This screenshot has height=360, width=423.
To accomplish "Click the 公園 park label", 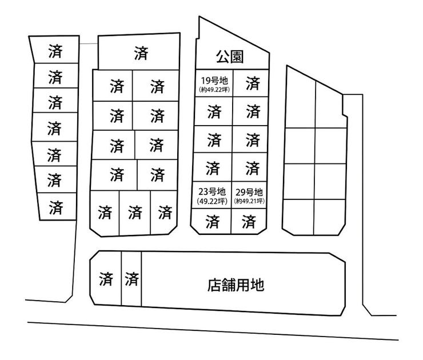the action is point(230,57).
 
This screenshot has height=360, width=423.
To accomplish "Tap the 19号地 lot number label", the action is point(214,81).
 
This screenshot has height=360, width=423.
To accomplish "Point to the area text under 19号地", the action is point(214,90).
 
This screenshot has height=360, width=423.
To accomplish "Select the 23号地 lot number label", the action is point(212,191).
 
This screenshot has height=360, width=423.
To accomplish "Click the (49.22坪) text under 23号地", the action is point(212,201).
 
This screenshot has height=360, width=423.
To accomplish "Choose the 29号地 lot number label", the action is point(249,192).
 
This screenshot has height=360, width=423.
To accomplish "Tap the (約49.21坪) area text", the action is point(249,201).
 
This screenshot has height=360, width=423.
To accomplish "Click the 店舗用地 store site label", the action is point(236,285).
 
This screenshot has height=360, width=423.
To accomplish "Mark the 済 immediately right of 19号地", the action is point(253,83).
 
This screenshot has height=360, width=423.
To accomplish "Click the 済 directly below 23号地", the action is point(212,221).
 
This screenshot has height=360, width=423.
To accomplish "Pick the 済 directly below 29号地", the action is point(249,222).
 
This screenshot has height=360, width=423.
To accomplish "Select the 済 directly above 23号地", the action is point(213,168).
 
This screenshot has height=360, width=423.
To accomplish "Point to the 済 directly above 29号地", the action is point(253,168).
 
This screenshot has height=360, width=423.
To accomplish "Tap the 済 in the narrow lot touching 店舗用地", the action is point(131,279).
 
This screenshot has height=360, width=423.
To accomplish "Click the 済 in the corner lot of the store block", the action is point(106,279).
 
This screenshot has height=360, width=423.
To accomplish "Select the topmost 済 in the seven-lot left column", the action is point(55,51).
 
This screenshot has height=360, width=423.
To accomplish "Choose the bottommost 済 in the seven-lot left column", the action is point(56,207).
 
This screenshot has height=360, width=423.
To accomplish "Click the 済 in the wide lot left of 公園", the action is point(141,53).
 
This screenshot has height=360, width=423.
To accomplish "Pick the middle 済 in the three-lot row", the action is point(135,212).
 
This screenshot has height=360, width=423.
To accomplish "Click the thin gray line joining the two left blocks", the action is point(89,43).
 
